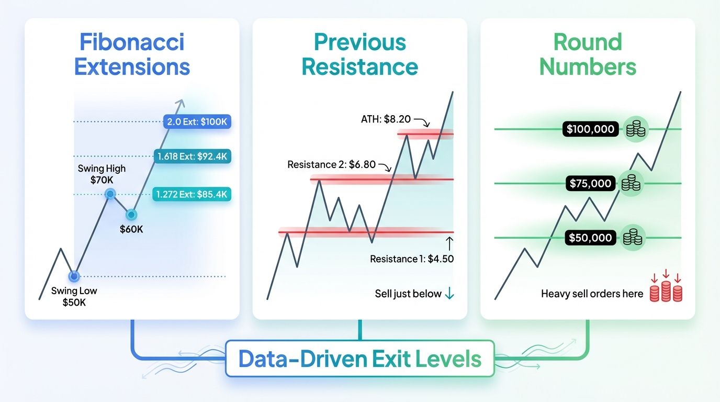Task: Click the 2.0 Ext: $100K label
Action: (x=197, y=122)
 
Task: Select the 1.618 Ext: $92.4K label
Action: (x=194, y=156)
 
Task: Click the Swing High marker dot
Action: (x=110, y=194)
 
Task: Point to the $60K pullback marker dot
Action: (x=131, y=214)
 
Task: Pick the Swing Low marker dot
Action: (x=74, y=276)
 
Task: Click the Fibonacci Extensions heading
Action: (x=132, y=54)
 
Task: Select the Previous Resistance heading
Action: (x=360, y=54)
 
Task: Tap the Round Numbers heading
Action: (x=588, y=54)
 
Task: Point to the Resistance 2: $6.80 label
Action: (x=331, y=165)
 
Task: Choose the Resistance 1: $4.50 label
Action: (x=412, y=259)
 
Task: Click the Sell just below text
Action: (x=408, y=294)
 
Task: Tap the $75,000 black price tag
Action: (x=591, y=183)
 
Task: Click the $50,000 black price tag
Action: (x=591, y=238)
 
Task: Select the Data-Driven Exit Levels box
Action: (x=360, y=359)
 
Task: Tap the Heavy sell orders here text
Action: (x=592, y=294)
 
